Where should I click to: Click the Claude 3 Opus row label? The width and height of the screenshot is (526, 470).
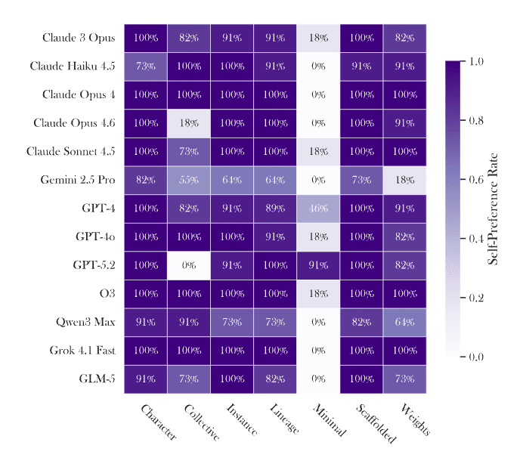[79, 38]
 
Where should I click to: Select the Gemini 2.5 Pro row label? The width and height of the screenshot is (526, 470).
[78, 180]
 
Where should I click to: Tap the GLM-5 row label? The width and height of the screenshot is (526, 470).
[97, 379]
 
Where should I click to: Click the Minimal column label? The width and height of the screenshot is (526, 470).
[328, 420]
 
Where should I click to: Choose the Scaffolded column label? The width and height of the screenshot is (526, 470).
[373, 423]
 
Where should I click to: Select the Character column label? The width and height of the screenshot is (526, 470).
[158, 422]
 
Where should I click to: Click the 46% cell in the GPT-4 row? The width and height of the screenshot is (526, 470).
[318, 209]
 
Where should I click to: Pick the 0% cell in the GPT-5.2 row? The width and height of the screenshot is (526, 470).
[189, 265]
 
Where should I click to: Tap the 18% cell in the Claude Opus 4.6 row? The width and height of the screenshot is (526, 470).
[189, 123]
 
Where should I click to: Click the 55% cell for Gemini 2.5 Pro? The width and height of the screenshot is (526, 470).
[189, 180]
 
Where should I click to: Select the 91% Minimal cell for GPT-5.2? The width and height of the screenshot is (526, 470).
[318, 265]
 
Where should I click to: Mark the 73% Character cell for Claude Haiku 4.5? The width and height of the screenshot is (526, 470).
[146, 66]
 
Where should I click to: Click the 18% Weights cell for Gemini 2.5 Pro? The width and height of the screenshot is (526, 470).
[404, 180]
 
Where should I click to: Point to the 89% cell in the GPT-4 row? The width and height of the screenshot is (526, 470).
[275, 209]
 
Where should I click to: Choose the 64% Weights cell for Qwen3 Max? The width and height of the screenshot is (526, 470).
[404, 322]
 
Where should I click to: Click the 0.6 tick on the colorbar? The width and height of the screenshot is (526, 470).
[463, 179]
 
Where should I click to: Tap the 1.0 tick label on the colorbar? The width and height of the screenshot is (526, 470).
[475, 61]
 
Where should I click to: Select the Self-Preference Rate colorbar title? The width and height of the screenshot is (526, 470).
[493, 209]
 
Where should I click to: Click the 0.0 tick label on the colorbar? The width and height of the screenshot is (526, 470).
[475, 357]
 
